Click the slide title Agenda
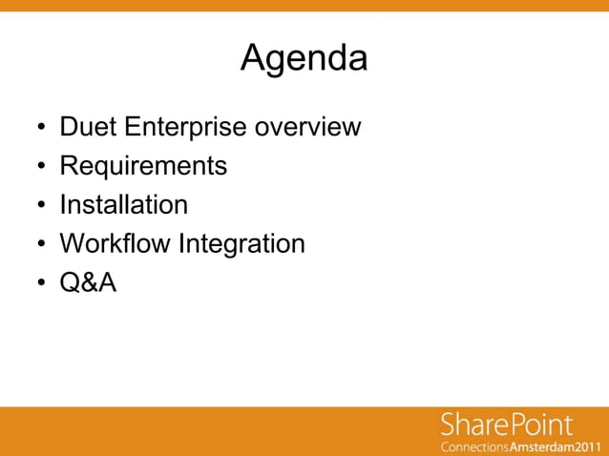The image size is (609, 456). pos(304,59)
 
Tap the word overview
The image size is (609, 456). pos(308,126)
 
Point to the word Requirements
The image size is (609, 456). pos(143,166)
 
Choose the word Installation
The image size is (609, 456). pos(123,204)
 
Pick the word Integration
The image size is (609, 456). pos(241,243)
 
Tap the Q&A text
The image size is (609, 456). pos(88,282)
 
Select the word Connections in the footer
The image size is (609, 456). pos(474,446)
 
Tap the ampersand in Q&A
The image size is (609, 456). pos(88,282)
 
